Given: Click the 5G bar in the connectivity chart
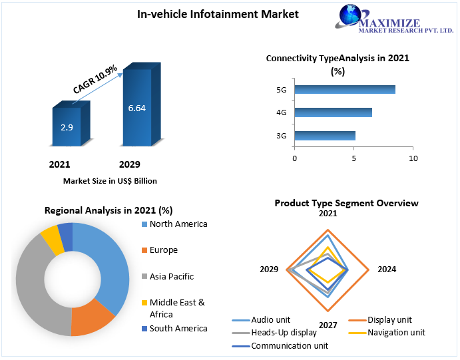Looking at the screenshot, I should pyautogui.click(x=345, y=90).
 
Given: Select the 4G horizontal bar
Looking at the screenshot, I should pyautogui.click(x=333, y=112).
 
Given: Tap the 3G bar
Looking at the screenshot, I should pyautogui.click(x=325, y=136).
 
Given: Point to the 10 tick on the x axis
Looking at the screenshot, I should pyautogui.click(x=413, y=158).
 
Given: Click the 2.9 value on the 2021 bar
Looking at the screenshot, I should pyautogui.click(x=67, y=126).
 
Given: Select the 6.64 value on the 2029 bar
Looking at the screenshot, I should pyautogui.click(x=137, y=108).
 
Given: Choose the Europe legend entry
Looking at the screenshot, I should pyautogui.click(x=164, y=250).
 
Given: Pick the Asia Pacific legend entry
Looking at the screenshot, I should pyautogui.click(x=171, y=276).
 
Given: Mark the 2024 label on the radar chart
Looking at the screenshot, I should pyautogui.click(x=387, y=270).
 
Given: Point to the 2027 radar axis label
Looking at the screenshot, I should pyautogui.click(x=328, y=325).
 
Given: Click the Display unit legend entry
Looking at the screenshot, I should pyautogui.click(x=389, y=320).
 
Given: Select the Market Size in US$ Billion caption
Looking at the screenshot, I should pyautogui.click(x=110, y=181).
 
